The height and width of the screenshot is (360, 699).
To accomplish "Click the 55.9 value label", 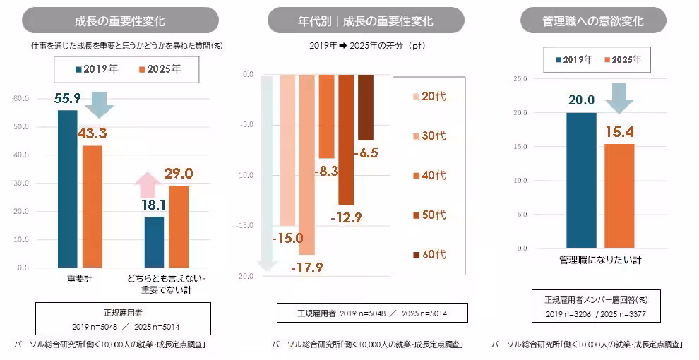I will point(67,99).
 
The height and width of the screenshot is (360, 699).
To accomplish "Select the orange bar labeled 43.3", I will point(92,206).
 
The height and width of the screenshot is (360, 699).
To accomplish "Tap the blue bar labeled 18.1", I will point(154,242).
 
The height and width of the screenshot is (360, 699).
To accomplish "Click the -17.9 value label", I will point(307,266).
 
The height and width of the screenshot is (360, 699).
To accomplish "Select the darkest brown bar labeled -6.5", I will point(365,107).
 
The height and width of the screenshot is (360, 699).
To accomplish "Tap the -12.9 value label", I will point(346,217).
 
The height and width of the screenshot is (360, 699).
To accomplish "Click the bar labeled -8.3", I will point(326,117).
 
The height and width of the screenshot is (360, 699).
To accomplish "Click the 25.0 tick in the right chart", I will point(520,79).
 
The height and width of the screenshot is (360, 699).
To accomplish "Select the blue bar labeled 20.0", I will point(581,180).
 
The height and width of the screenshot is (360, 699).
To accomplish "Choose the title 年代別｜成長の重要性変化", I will point(365,20).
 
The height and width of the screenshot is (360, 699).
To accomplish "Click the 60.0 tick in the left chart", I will point(21,99).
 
